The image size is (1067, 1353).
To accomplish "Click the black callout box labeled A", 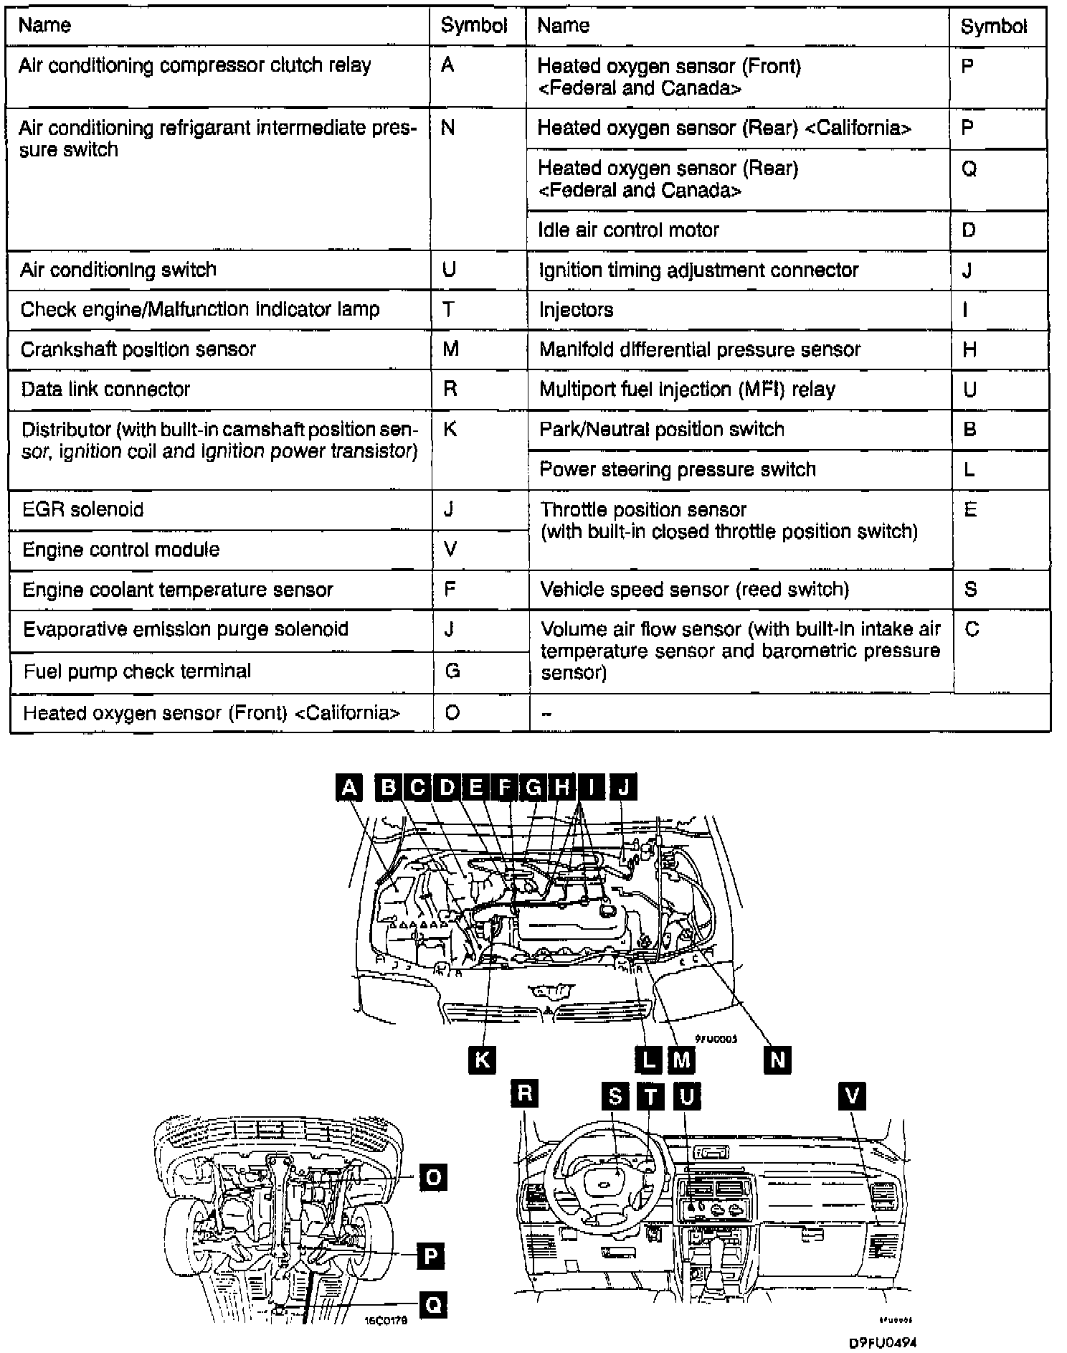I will coord(348,788).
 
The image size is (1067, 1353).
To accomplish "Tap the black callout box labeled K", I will coord(481,1059).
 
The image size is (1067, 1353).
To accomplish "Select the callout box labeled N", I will coord(777,1059).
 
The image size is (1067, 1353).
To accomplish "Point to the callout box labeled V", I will coord(852,1095).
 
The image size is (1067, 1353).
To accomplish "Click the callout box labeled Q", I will coord(433,1304).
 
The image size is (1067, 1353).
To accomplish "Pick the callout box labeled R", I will coord(524,1094).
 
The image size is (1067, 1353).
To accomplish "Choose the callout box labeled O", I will coord(433,1177).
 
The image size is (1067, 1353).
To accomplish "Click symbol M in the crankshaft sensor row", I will coord(451,349).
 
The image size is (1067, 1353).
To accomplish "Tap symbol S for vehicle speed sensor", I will coord(970,590).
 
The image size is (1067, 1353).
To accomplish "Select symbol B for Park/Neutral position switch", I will coord(969,430).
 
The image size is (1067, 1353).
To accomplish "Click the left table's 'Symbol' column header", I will coord(473,26).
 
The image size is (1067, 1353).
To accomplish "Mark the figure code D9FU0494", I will coord(882,1342).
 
